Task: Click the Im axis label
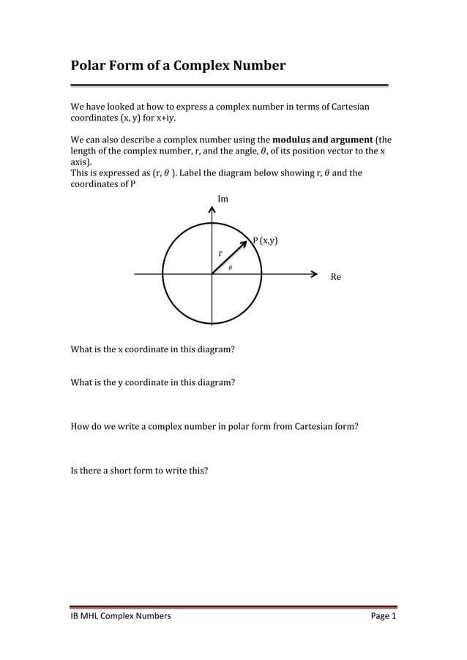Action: point(223,199)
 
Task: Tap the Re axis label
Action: point(336,277)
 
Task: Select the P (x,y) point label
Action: point(265,240)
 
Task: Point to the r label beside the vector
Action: point(220,253)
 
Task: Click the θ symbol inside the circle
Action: point(230,268)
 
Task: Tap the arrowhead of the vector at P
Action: point(248,239)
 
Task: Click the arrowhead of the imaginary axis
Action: point(212,210)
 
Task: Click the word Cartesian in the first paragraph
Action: point(350,107)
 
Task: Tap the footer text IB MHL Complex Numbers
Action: point(120,617)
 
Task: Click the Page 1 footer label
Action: point(383,617)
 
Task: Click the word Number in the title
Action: point(259,67)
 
